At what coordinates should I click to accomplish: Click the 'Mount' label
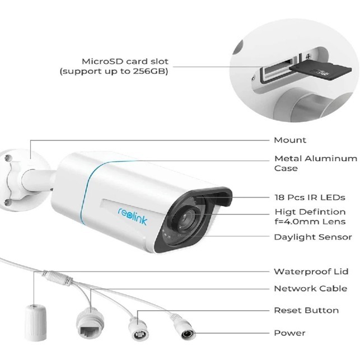(x=289, y=140)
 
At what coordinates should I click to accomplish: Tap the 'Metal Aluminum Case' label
(x=315, y=163)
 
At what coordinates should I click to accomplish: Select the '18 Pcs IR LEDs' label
(x=309, y=197)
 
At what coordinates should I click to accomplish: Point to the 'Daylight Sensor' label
(x=312, y=237)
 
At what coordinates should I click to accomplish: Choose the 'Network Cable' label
(x=310, y=289)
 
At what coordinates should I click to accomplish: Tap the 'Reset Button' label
(x=306, y=310)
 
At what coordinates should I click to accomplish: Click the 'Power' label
(x=289, y=333)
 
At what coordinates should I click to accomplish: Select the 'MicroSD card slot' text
(x=125, y=61)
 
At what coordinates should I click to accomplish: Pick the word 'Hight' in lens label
(x=287, y=212)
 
